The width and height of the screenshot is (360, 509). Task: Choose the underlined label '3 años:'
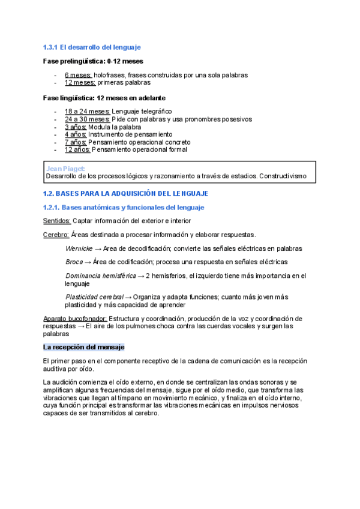click(76, 127)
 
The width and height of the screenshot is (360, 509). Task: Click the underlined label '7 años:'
click(76, 142)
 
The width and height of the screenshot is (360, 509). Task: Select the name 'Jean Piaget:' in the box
click(65, 169)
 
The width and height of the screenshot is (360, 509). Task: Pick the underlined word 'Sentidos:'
click(56, 221)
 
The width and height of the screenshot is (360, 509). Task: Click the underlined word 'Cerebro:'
click(56, 234)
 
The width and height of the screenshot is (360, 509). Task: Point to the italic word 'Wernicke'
click(79, 248)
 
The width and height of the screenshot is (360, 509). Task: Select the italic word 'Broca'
click(74, 262)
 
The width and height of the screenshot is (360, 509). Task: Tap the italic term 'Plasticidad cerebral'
click(94, 297)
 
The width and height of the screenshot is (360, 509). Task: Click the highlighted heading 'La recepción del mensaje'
click(83, 348)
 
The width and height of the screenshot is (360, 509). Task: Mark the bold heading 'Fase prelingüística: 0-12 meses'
click(93, 61)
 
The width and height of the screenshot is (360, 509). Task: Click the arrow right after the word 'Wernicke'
click(98, 248)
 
